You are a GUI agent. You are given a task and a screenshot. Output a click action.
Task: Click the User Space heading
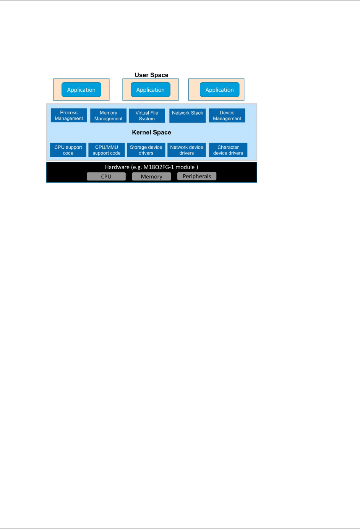(151, 75)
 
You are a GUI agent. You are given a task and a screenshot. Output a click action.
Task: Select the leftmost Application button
(81, 90)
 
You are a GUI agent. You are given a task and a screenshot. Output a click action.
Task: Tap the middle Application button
(151, 90)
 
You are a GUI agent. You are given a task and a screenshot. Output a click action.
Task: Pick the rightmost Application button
(220, 90)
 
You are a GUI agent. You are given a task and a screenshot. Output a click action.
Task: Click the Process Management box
(69, 115)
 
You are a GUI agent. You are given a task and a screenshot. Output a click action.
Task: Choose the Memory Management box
(109, 115)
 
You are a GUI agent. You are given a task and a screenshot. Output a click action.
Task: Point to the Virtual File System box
(147, 115)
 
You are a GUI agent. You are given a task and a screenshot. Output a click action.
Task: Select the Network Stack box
(187, 115)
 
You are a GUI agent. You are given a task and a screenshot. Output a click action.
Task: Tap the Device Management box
(227, 115)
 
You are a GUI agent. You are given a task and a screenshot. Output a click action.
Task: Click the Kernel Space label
(151, 132)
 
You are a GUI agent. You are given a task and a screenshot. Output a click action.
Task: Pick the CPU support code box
(68, 150)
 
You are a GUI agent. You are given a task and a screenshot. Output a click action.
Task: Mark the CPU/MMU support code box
(107, 150)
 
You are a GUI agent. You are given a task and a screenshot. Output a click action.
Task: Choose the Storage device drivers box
(146, 150)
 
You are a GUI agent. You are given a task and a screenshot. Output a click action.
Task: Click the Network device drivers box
(186, 150)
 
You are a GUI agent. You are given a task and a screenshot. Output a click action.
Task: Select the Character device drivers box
(228, 150)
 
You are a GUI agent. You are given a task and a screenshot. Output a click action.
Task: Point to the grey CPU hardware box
(106, 177)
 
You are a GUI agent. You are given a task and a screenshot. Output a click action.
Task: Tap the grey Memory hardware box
(151, 177)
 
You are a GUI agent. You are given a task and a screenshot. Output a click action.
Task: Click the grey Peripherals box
(197, 176)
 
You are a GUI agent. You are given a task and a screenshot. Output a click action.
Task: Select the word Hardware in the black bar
(117, 167)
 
